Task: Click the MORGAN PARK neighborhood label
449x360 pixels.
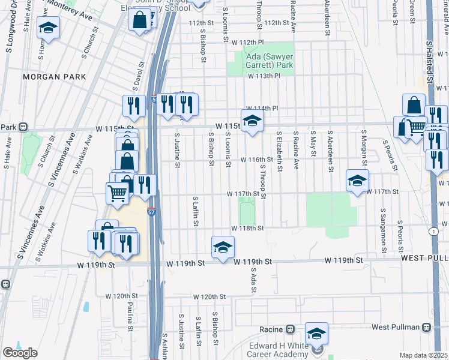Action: tap(54, 77)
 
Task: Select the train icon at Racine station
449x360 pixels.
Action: tap(290, 329)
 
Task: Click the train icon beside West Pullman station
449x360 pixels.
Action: tap(427, 327)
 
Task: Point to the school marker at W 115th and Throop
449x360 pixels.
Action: tap(252, 121)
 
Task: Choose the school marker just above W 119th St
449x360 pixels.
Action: tap(223, 247)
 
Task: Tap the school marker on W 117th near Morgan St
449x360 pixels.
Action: tap(357, 181)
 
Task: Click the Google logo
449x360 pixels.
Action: tap(20, 353)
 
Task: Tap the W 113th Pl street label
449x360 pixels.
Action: tap(265, 76)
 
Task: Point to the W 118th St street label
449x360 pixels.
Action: tap(249, 229)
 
